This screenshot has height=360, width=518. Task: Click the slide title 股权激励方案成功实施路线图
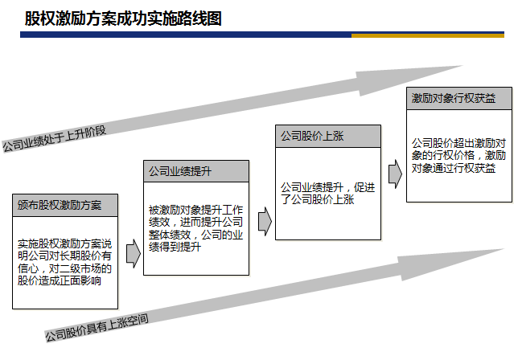pos(123,18)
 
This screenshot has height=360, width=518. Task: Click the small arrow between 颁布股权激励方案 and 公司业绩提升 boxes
pos(134,253)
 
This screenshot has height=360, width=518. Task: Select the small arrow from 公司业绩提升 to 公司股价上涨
pos(265,222)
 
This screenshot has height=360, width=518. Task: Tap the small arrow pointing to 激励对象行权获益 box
pos(395,174)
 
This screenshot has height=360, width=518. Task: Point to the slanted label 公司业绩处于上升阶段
pos(55,138)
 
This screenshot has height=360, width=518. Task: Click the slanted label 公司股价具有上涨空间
pos(97,328)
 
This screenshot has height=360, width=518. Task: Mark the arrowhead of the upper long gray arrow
pos(409,80)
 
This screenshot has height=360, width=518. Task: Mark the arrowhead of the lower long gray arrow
pos(451,264)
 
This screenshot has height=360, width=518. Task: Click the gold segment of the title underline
pos(428,35)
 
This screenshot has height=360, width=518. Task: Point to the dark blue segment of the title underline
pos(186,35)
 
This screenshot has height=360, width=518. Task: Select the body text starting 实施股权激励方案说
pos(64,262)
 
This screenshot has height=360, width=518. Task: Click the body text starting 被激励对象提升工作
pos(196,228)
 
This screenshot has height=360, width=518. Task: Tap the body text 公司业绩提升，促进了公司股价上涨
pos(327,194)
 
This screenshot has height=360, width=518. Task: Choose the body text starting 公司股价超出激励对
pos(458,155)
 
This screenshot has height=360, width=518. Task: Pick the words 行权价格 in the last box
pos(458,155)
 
